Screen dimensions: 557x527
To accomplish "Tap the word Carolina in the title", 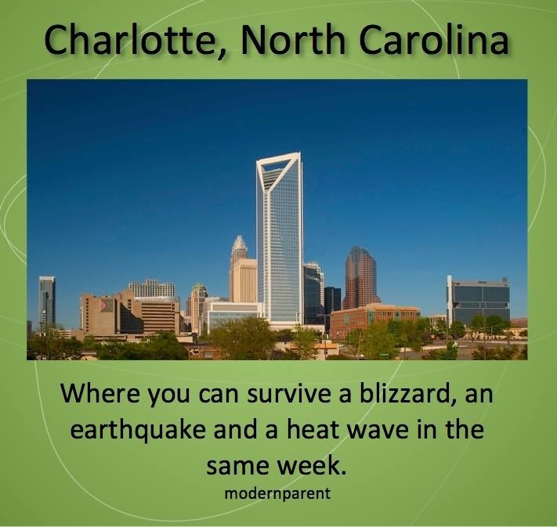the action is coord(434,39).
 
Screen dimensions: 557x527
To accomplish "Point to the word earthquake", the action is coord(138,429).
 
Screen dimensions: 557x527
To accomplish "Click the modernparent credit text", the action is coord(277,493).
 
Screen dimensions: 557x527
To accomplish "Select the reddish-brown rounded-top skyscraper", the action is coord(360,278).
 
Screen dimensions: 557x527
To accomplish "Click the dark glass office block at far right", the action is coord(478,301).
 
